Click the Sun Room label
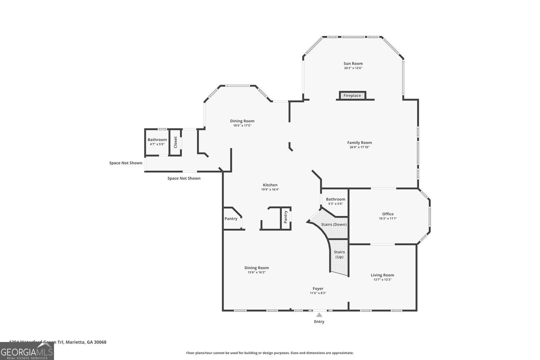click(x=353, y=64)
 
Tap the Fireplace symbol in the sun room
click(x=352, y=96)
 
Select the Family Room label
click(x=359, y=143)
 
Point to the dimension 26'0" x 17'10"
click(x=359, y=147)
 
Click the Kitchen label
click(x=270, y=185)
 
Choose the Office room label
click(x=388, y=214)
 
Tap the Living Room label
click(x=382, y=275)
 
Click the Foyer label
click(x=318, y=289)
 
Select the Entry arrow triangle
click(x=319, y=315)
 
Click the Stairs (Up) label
click(x=339, y=255)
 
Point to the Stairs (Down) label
click(x=334, y=225)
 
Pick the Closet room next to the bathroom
click(x=175, y=142)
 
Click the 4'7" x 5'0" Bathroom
click(x=157, y=142)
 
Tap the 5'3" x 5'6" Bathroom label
click(x=336, y=199)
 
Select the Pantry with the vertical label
click(x=286, y=217)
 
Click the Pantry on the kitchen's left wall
click(x=231, y=219)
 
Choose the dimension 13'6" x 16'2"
click(x=256, y=273)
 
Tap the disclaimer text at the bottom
click(x=270, y=353)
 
